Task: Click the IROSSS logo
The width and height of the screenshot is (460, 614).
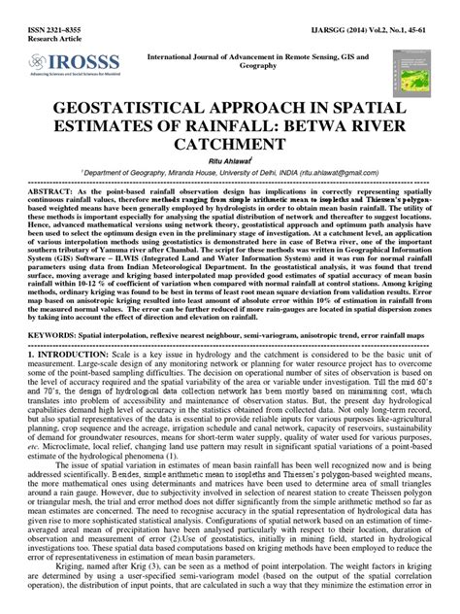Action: pos(57,66)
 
